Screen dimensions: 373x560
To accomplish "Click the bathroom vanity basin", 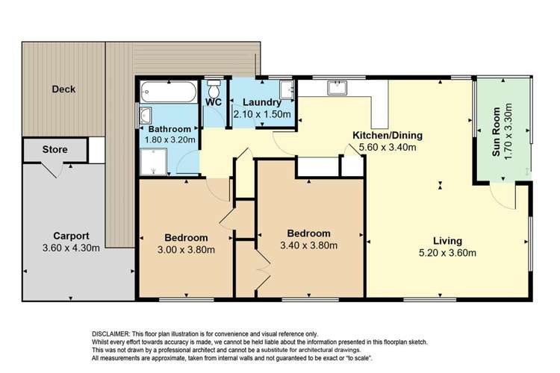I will pyautogui.click(x=145, y=116).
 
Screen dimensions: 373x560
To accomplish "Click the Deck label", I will pyautogui.click(x=63, y=90).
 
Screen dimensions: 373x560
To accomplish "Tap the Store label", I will pyautogui.click(x=55, y=149).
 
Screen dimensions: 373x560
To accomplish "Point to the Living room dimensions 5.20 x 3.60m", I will pyautogui.click(x=448, y=253).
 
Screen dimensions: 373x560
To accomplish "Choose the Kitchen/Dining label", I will pyautogui.click(x=388, y=135).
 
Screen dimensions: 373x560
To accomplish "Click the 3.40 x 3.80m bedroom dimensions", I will pyautogui.click(x=308, y=245).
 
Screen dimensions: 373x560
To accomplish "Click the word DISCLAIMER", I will pyautogui.click(x=110, y=333).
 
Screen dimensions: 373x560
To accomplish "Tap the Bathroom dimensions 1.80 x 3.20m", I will pyautogui.click(x=169, y=139).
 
